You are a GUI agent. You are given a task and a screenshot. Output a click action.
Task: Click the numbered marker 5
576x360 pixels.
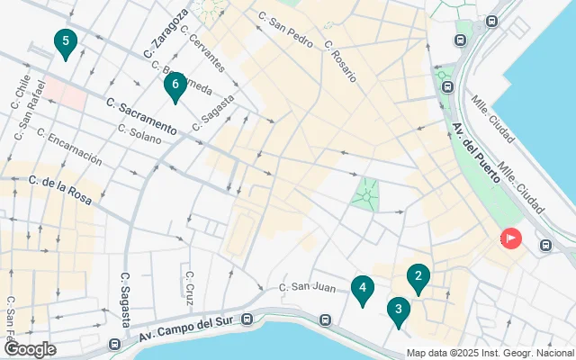(65, 42)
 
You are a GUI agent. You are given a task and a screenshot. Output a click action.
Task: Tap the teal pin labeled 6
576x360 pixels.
(175, 85)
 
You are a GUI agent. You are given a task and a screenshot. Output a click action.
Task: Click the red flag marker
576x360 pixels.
(510, 238)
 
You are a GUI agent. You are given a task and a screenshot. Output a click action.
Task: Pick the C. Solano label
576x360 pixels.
(139, 135)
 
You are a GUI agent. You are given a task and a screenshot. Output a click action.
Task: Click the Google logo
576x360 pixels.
(30, 348)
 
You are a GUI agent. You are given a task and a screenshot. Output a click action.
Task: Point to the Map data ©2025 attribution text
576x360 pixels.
(489, 353)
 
